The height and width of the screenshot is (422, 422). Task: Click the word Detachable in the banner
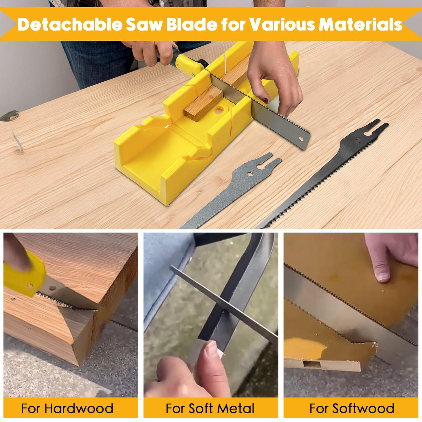pyautogui.click(x=70, y=24)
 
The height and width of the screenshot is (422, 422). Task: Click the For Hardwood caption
pyautogui.click(x=67, y=408)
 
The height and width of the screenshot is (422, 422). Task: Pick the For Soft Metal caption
pyautogui.click(x=210, y=408)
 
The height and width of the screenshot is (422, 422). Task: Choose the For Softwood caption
pyautogui.click(x=351, y=408)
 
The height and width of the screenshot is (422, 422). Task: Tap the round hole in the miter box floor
pyautogui.click(x=219, y=111)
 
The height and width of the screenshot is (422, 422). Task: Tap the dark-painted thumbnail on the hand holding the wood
pyautogui.click(x=266, y=100)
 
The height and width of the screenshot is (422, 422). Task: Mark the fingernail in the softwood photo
pyautogui.click(x=383, y=276)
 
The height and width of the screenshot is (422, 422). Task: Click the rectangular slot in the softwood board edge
pyautogui.click(x=312, y=364)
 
